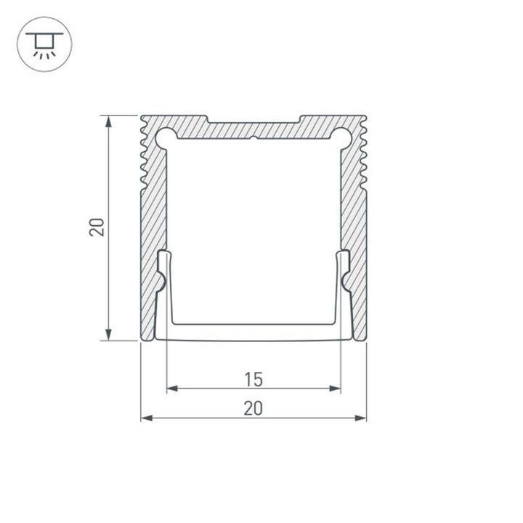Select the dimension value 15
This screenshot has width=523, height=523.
254,378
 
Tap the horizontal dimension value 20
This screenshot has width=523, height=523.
254,408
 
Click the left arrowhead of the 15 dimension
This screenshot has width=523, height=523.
172,389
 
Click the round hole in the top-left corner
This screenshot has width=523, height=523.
165,137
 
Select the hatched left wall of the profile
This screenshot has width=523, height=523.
153,218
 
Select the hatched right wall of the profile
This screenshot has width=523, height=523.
354,218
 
